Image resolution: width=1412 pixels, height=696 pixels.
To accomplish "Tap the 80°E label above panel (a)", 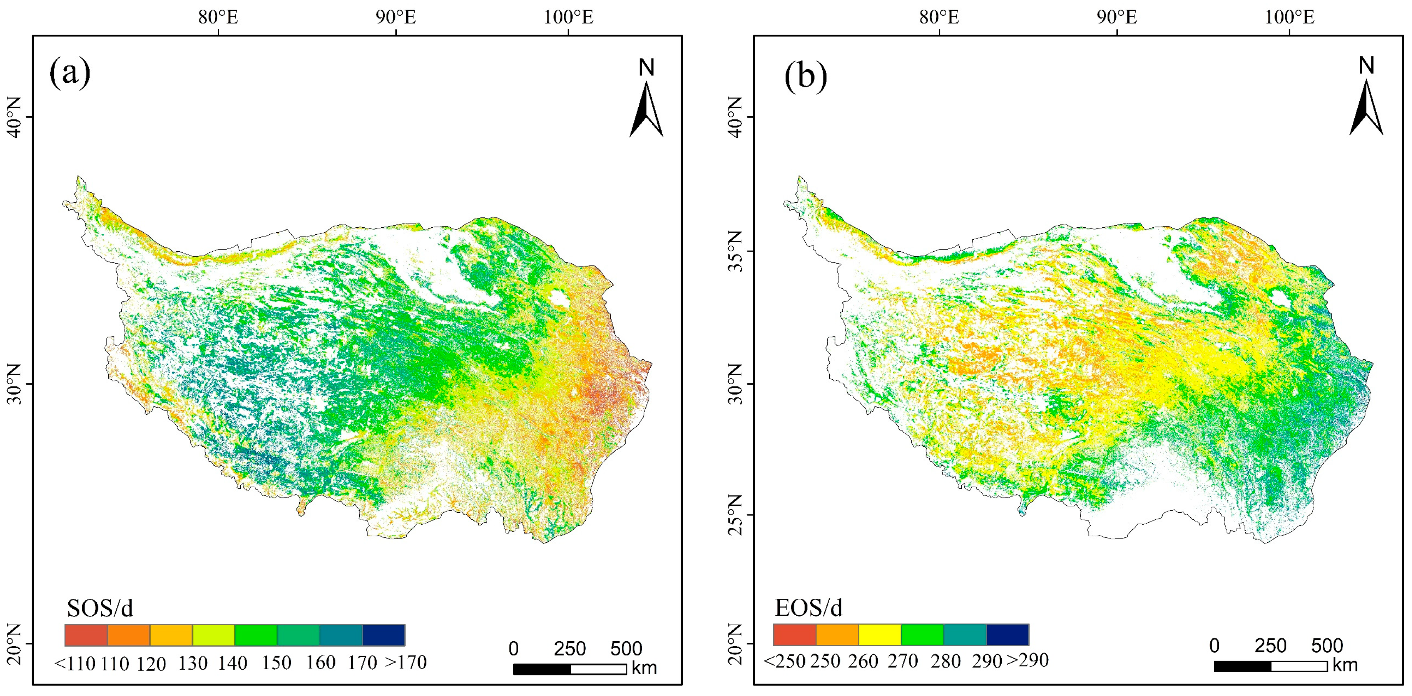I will pyautogui.click(x=218, y=18).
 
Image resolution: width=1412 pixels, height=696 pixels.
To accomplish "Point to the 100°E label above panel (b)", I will pyautogui.click(x=1289, y=18).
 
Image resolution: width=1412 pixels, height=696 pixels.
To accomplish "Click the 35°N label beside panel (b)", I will pyautogui.click(x=735, y=251).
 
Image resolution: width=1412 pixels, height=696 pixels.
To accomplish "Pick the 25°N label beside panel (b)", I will pyautogui.click(x=735, y=514).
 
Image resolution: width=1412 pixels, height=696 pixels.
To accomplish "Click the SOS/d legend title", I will pyautogui.click(x=100, y=608).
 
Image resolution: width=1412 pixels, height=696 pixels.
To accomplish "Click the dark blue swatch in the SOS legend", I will pyautogui.click(x=384, y=635).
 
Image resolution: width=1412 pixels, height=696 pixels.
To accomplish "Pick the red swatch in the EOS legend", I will pyautogui.click(x=795, y=635).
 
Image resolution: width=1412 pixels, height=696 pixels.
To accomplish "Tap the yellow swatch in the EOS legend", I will pyautogui.click(x=880, y=635).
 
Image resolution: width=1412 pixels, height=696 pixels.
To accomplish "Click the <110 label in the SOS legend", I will pyautogui.click(x=75, y=663).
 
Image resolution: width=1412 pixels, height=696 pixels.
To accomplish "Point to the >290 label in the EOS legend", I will pyautogui.click(x=1028, y=660).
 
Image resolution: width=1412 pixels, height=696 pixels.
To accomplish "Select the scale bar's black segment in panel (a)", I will pyautogui.click(x=542, y=669).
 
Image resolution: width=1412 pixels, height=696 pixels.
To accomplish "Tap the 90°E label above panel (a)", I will pyautogui.click(x=396, y=18).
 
